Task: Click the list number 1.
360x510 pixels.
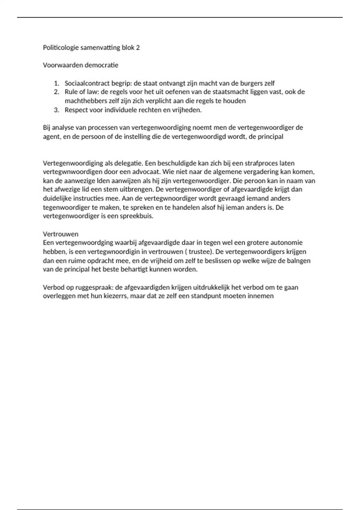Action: pos(56,83)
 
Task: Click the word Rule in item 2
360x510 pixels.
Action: pos(71,92)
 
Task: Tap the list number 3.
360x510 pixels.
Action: pos(56,110)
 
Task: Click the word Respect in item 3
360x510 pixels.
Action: pos(76,110)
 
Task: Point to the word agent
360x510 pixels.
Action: pos(51,137)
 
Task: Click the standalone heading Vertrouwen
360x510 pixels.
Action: pos(61,234)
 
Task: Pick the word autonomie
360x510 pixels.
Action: pos(286,242)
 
